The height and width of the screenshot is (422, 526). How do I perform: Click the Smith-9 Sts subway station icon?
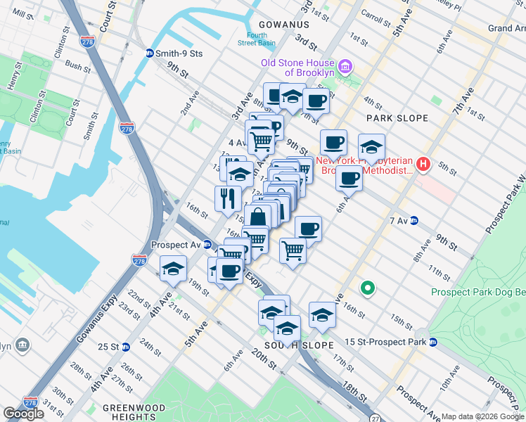click(x=149, y=53)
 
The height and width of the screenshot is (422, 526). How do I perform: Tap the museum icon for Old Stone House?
click(x=345, y=68)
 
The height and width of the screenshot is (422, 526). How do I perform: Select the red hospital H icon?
click(x=423, y=165)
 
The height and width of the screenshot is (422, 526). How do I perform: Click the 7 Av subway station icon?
click(x=414, y=220)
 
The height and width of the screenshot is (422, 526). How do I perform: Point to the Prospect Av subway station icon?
click(x=207, y=245)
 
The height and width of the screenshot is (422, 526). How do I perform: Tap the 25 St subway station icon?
click(x=125, y=347)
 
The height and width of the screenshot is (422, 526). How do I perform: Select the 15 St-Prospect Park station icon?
click(x=433, y=343)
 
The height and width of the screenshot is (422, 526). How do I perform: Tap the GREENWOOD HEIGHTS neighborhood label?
click(x=134, y=412)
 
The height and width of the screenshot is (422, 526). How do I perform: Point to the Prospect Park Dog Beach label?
click(x=478, y=292)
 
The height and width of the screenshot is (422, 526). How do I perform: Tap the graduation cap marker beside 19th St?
click(x=173, y=269)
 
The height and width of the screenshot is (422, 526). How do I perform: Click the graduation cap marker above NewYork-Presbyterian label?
click(x=371, y=146)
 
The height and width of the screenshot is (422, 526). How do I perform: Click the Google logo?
click(x=23, y=414)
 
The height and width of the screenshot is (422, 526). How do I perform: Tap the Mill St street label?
click(x=23, y=14)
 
